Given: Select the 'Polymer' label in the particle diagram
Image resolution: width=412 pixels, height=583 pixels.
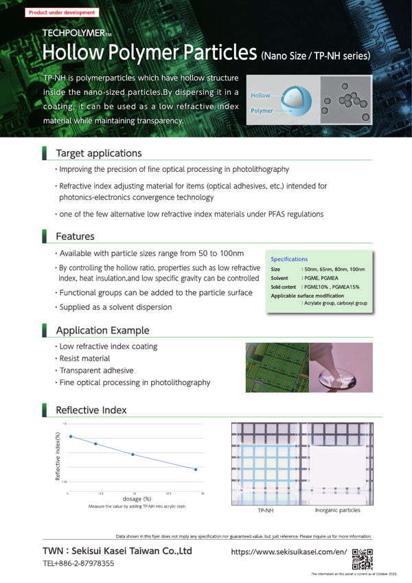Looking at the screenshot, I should (262, 110).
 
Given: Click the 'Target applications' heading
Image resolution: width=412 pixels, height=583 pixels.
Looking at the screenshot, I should (99, 152).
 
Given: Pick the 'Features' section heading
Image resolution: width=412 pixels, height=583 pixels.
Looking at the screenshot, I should (75, 236).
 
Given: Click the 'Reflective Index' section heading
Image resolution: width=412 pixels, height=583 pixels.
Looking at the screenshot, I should (91, 410).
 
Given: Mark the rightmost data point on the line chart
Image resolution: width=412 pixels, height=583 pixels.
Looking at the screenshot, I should (196, 470).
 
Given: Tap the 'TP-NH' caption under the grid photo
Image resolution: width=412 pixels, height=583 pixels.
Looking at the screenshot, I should (266, 511).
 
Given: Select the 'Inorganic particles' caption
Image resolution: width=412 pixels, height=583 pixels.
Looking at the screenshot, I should (337, 511).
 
